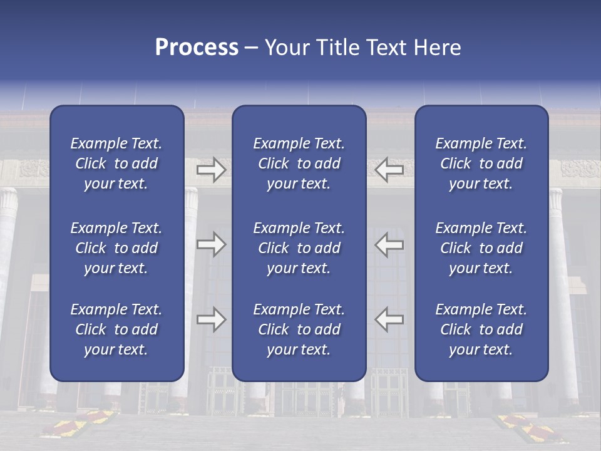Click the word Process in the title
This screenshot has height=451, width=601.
197,48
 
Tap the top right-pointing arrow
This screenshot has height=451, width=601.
211,169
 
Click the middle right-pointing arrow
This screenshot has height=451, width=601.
211,244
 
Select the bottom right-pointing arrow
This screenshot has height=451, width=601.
211,319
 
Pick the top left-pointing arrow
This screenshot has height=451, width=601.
389,169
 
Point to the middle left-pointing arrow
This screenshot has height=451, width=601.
389,244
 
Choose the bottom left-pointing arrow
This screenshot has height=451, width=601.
389,319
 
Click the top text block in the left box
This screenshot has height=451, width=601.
116,163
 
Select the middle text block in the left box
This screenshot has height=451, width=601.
116,248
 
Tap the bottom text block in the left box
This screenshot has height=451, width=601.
116,329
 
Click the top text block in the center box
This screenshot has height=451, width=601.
299,163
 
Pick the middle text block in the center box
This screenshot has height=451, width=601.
299,248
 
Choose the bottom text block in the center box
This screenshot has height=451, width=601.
299,329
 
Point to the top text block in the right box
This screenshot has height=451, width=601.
481,163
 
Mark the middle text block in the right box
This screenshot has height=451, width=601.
481,248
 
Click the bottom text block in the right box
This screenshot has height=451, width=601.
481,329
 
